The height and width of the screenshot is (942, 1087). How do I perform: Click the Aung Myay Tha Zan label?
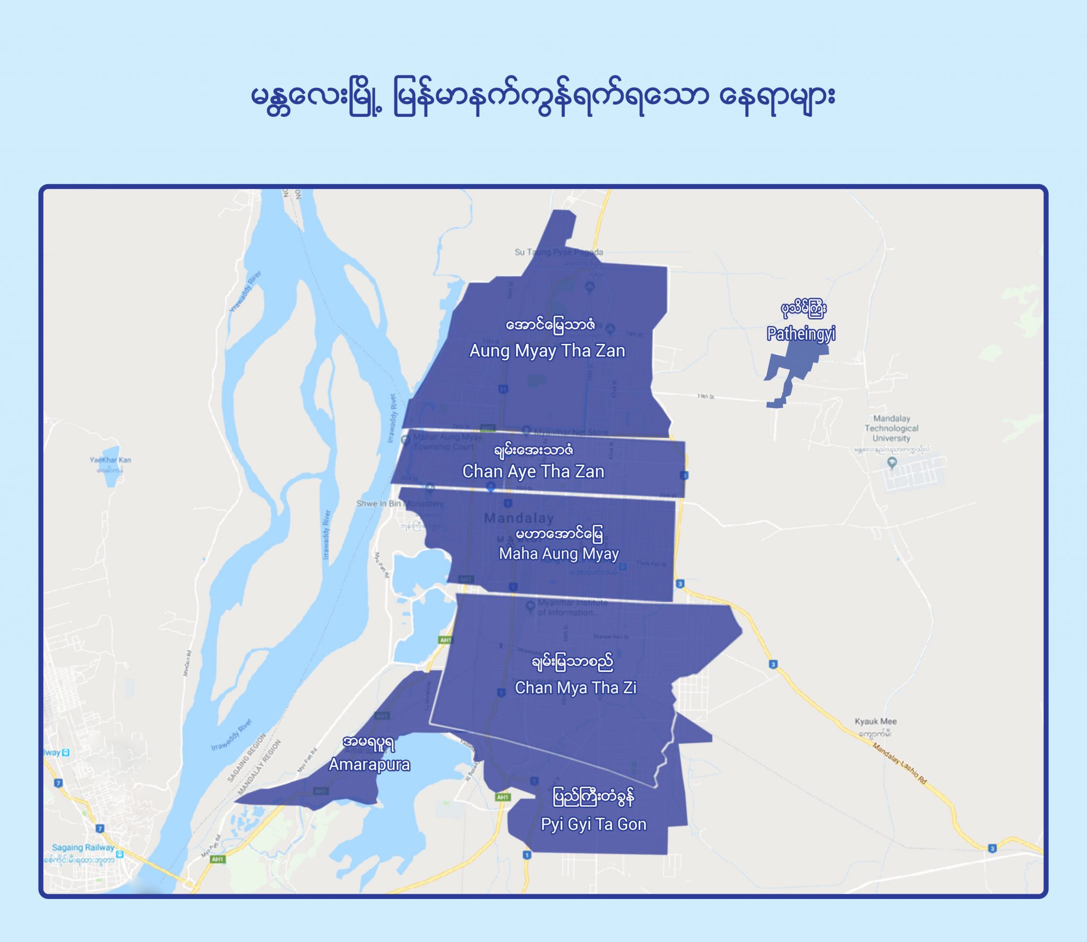[547, 351]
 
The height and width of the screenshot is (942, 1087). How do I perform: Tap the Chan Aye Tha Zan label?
[533, 471]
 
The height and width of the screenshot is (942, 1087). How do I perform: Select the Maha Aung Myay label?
[558, 554]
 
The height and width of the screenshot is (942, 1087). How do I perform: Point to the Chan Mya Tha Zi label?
[575, 687]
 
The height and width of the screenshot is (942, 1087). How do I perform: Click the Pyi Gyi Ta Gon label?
[593, 824]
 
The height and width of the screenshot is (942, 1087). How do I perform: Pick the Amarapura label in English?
[369, 764]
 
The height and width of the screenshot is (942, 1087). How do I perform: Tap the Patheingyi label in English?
[801, 334]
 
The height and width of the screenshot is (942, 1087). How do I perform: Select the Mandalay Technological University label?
[891, 428]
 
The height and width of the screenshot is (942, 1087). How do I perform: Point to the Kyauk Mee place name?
[875, 721]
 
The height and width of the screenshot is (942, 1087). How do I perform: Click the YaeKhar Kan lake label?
[110, 460]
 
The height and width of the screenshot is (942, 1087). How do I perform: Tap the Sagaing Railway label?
[83, 848]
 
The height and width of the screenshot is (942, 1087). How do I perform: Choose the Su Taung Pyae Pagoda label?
[558, 252]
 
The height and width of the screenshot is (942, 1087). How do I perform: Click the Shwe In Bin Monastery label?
[400, 503]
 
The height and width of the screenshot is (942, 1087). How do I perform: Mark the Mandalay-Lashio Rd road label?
[900, 763]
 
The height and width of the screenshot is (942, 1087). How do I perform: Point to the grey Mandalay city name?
[519, 518]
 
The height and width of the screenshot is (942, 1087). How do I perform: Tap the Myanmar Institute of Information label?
[572, 608]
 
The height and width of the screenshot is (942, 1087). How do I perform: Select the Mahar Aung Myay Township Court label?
[447, 442]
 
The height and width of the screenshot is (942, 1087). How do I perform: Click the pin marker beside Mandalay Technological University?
[892, 463]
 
